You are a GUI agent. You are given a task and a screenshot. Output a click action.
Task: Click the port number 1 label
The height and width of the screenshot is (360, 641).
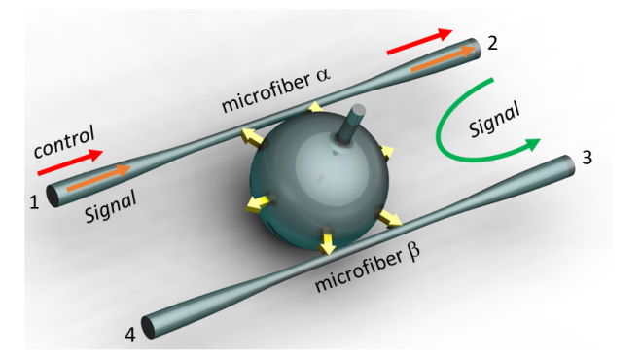click(x=34, y=202)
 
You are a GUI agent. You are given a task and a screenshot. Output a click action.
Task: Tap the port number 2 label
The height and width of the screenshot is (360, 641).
click(x=492, y=43)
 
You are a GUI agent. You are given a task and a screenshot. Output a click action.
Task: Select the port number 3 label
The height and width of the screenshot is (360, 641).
click(x=588, y=158)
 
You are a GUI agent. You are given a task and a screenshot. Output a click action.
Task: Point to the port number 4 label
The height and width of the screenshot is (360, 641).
click(x=130, y=335)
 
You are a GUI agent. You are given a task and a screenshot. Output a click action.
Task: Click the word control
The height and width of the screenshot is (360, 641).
click(x=64, y=141)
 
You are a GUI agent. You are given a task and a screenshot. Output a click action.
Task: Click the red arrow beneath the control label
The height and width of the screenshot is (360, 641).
click(x=70, y=162)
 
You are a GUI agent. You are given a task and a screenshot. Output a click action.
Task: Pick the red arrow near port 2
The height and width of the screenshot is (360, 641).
click(x=420, y=41)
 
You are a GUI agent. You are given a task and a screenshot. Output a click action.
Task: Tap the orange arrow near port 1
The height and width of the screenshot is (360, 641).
click(x=99, y=177)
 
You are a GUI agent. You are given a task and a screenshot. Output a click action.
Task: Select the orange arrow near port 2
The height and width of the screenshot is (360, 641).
click(x=444, y=59)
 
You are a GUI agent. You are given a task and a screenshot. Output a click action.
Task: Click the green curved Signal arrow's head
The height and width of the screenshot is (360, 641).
click(x=532, y=144)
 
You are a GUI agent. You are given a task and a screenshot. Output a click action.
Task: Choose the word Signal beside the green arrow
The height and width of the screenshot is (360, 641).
click(x=494, y=120)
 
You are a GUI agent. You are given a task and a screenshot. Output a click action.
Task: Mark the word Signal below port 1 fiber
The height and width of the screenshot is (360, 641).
click(x=110, y=207)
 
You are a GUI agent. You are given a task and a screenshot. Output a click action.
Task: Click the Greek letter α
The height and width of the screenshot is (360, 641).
click(x=323, y=75)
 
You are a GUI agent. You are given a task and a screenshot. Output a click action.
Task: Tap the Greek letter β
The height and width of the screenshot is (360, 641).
click(x=413, y=251)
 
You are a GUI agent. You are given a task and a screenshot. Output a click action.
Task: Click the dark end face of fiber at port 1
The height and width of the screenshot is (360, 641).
click(x=53, y=196)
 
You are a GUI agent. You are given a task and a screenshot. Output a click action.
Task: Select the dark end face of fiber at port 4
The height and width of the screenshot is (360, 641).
click(x=149, y=327)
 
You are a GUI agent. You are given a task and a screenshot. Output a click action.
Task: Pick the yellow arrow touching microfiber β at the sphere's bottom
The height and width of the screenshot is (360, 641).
click(x=327, y=242)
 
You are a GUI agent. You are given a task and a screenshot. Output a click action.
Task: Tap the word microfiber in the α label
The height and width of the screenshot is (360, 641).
click(x=266, y=93)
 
